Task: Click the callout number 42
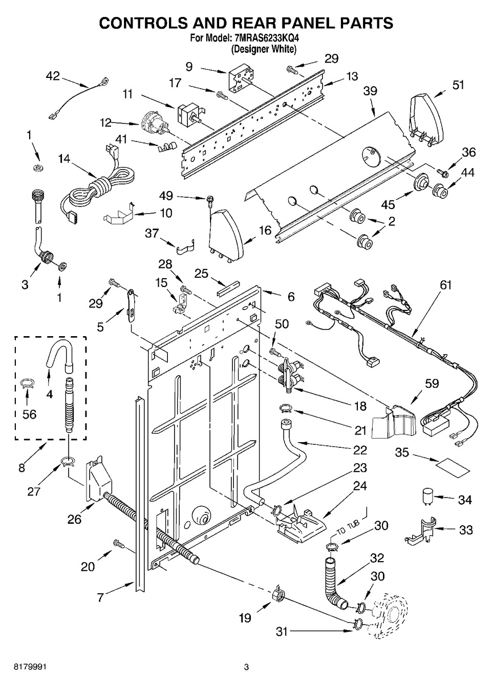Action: coord(53,76)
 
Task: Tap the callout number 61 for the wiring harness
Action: coord(446,284)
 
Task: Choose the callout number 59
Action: coord(432,383)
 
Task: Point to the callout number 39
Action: coord(370,91)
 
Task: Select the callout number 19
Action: coord(245,618)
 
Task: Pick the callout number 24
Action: coord(360,486)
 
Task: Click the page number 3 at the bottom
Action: coord(246,667)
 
